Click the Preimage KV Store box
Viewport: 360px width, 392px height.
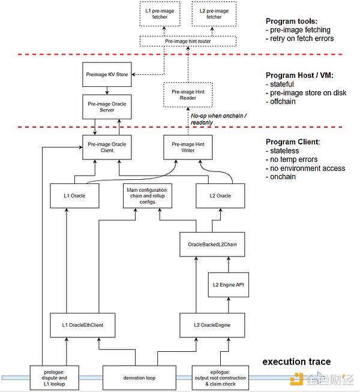pos(107,75)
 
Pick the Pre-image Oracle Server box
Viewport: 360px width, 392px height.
pos(107,108)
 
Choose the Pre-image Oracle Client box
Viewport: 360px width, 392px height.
pos(107,147)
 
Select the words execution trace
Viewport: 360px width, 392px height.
pos(297,362)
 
